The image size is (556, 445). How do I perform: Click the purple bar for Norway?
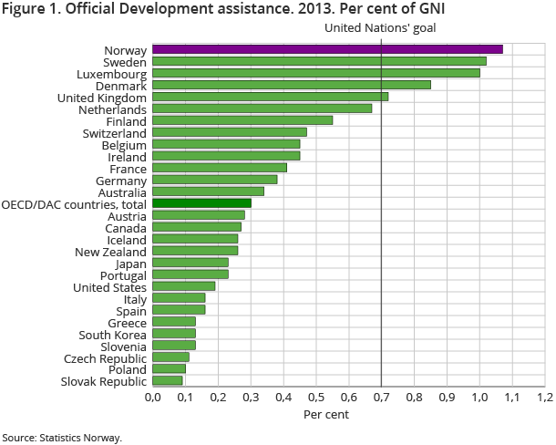click(327, 49)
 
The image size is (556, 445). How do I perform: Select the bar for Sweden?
click(319, 61)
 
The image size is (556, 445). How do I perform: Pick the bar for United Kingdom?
click(270, 97)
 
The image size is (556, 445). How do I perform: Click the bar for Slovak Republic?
click(167, 381)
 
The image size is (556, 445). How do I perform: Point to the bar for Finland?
click(242, 120)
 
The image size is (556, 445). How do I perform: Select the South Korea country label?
click(112, 334)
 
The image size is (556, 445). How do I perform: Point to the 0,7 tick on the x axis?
click(381, 398)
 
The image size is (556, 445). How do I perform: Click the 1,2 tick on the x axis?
click(544, 398)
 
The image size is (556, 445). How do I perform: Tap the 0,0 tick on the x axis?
click(152, 398)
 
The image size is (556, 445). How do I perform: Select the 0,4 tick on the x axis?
click(283, 398)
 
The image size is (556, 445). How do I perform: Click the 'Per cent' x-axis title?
click(325, 415)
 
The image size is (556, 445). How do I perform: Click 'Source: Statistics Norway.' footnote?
click(61, 438)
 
